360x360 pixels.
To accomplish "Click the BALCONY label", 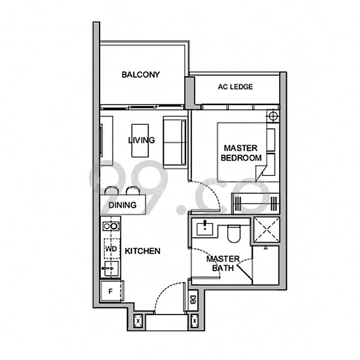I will click(140, 75).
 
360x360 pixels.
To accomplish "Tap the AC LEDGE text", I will click(235, 87).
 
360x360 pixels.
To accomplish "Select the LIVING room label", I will click(141, 140).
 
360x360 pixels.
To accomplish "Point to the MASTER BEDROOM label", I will click(241, 152).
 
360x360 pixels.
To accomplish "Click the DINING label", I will click(122, 205).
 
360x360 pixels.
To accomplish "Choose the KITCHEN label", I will click(143, 251).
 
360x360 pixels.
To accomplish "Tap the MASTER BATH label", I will click(223, 263).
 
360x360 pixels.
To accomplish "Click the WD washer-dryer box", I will click(110, 248).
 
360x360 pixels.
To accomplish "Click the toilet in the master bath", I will click(235, 232).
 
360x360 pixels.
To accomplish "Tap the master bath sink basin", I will click(206, 227).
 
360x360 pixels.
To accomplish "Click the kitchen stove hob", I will click(110, 227).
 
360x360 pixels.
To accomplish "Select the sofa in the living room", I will click(175, 142).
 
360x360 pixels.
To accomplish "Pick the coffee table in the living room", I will click(140, 139).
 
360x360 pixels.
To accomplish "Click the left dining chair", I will click(113, 191).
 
